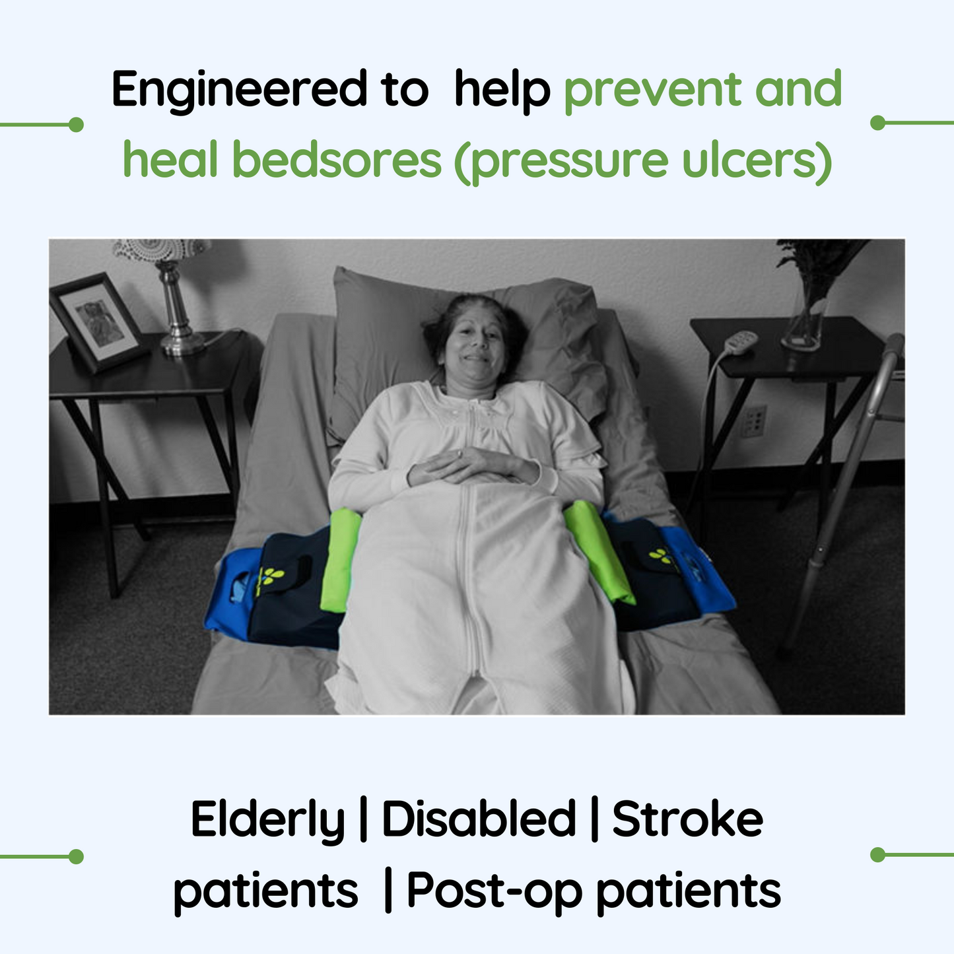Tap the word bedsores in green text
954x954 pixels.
click(x=337, y=160)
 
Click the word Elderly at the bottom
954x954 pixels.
click(x=267, y=821)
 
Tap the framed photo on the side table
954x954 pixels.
click(x=99, y=322)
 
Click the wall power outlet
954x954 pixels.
click(x=755, y=421)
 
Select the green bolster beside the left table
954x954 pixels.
click(x=340, y=559)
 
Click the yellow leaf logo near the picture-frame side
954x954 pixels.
click(x=270, y=578)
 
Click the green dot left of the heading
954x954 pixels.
click(x=76, y=124)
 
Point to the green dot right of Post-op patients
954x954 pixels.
click(x=877, y=854)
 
